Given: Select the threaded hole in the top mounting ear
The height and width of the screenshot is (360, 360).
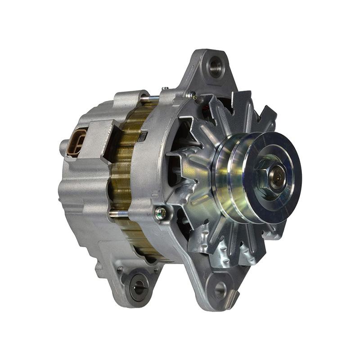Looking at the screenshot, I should [x=215, y=67].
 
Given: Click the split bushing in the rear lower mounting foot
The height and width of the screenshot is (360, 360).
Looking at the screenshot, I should [x=139, y=284].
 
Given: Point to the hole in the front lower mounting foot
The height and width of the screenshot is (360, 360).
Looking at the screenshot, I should [x=220, y=290].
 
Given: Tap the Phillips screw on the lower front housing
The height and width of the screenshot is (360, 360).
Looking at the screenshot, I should [x=160, y=211].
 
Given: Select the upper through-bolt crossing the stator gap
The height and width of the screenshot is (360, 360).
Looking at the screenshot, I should [x=148, y=98].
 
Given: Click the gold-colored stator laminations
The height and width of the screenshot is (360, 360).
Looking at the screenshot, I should [x=121, y=175].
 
